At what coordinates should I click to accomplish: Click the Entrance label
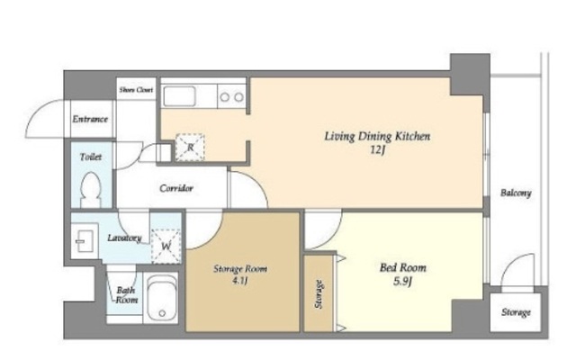(90, 119)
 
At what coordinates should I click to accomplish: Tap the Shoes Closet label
(136, 90)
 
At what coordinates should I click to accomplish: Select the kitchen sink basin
(179, 96)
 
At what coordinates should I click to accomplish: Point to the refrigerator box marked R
(190, 148)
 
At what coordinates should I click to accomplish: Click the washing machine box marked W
(166, 246)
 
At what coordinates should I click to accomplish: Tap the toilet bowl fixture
(90, 190)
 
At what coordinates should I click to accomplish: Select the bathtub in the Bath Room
(162, 298)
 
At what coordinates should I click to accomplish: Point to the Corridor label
(176, 188)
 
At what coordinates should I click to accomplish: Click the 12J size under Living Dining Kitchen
(377, 150)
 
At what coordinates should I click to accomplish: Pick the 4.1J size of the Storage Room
(240, 281)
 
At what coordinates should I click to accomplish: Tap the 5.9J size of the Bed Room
(402, 282)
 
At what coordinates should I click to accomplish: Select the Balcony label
(516, 193)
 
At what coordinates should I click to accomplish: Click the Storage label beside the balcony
(516, 312)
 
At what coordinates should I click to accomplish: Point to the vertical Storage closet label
(319, 294)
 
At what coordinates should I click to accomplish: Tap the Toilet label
(91, 157)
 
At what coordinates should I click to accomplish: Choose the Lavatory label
(124, 238)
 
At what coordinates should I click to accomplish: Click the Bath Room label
(126, 295)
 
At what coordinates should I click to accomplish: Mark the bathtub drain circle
(162, 313)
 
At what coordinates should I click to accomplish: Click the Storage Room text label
(240, 269)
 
